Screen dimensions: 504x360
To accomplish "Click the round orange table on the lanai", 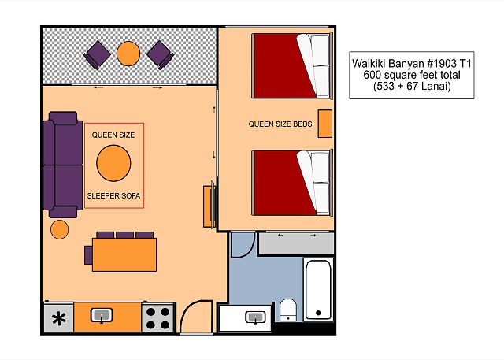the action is [x=128, y=54].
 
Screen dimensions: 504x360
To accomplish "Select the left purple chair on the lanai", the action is [x=96, y=55].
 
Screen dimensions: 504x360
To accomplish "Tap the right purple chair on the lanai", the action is [x=161, y=55].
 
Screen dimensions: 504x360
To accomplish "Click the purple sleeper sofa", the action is [x=63, y=165].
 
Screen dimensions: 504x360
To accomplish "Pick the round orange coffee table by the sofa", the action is [x=113, y=163].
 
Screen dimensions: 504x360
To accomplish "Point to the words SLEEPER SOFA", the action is [x=113, y=195].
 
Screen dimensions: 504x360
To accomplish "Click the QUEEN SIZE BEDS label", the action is [x=280, y=124].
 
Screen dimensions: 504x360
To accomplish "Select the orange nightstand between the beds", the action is [x=325, y=124].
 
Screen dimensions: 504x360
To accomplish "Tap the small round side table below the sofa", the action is [x=60, y=229].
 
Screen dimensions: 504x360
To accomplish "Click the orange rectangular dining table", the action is [x=124, y=255].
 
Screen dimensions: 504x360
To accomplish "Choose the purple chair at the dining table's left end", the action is [x=88, y=255].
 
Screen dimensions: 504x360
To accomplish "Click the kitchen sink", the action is [x=102, y=316].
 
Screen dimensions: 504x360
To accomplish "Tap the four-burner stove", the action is [x=157, y=318].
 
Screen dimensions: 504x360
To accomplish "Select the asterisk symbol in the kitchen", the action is [x=59, y=319].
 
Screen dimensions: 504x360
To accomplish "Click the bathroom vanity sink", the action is [x=255, y=317].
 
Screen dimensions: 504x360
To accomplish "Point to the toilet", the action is [x=288, y=310].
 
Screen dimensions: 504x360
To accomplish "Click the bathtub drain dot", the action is [x=318, y=313].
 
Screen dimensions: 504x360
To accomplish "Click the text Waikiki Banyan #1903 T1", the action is [x=412, y=63].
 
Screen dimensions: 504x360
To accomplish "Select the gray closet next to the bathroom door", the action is [x=296, y=244].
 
